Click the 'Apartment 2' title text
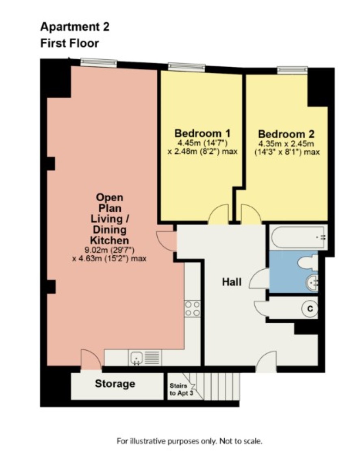click(75, 27)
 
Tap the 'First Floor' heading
click(69, 44)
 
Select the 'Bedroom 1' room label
click(202, 133)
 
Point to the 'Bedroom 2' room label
click(286, 134)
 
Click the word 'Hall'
click(232, 282)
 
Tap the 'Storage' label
click(115, 384)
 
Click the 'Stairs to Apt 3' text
click(181, 389)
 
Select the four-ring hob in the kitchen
click(193, 309)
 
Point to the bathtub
click(299, 237)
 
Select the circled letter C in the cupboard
click(310, 309)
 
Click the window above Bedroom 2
click(292, 70)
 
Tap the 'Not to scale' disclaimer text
click(241, 441)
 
